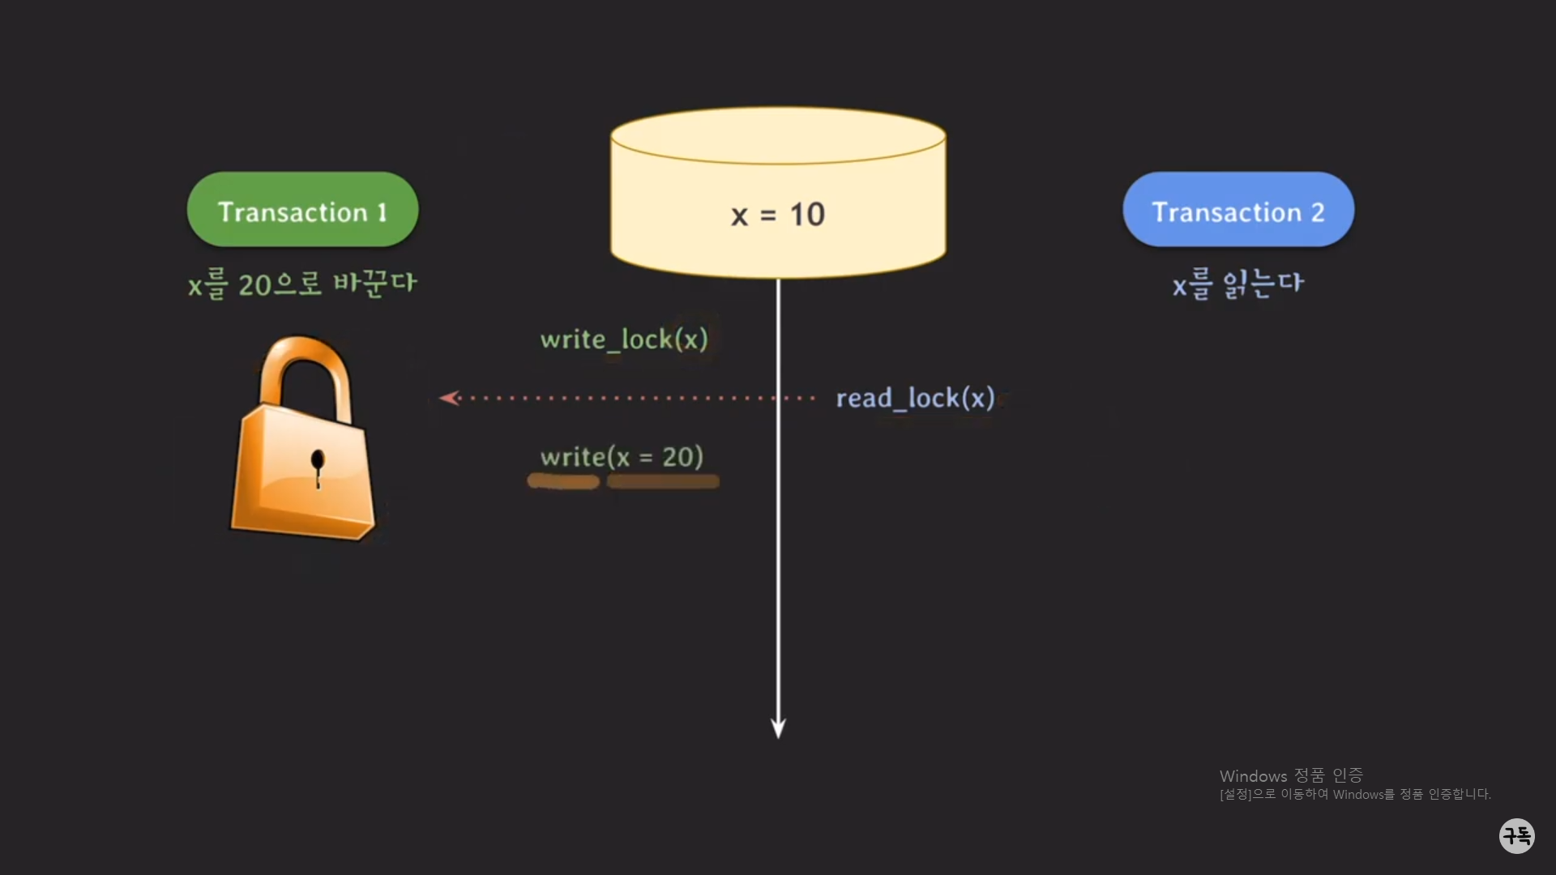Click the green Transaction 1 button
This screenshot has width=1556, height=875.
tap(302, 210)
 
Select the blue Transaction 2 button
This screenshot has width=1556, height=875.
tap(1238, 210)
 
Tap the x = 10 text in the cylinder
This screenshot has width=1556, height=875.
tap(777, 215)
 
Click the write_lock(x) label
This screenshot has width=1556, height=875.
tap(624, 339)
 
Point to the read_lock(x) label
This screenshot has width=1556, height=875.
tap(915, 398)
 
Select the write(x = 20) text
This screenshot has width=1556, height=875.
tap(622, 457)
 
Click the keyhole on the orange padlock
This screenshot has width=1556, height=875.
tap(318, 464)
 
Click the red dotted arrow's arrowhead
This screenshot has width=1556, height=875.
tap(448, 398)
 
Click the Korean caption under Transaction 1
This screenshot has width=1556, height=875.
tap(301, 284)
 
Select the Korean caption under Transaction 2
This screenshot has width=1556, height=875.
tap(1238, 284)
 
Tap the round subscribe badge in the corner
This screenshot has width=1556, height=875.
tap(1516, 835)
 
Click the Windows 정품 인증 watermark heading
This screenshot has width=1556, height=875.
tap(1291, 775)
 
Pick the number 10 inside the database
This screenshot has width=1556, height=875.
tap(807, 215)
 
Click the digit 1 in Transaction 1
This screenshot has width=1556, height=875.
tap(382, 212)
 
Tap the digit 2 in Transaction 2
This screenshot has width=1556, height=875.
tap(1318, 212)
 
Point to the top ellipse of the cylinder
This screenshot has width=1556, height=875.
tap(778, 135)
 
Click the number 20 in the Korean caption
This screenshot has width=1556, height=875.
tap(254, 285)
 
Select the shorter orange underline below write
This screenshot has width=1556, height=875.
tap(563, 481)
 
